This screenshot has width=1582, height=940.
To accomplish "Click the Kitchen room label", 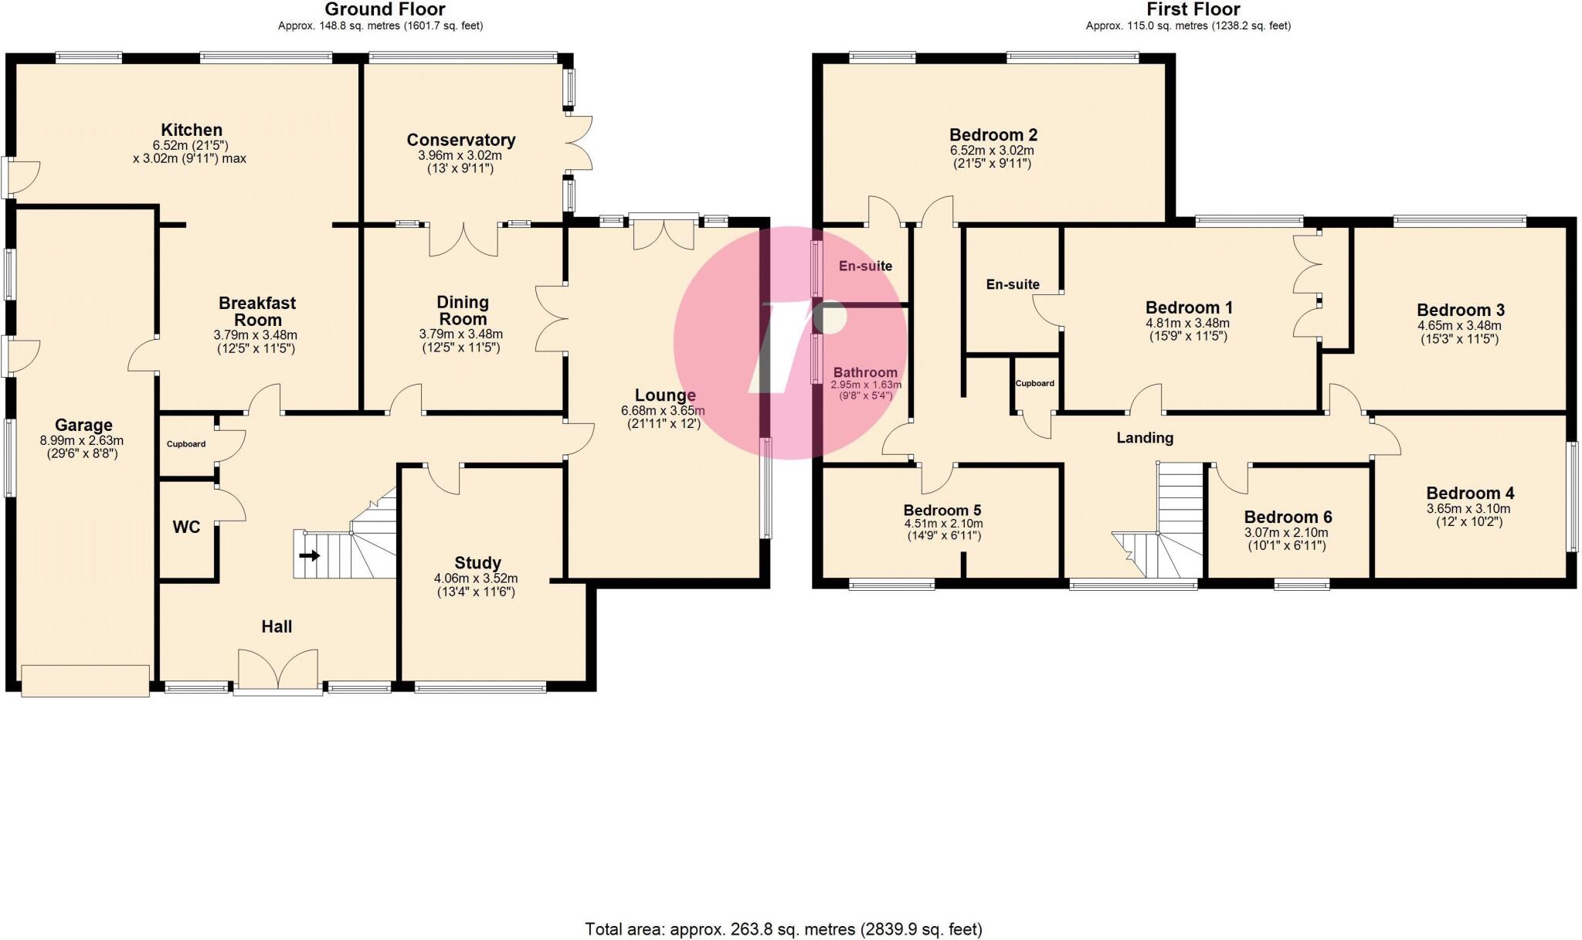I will pos(192,130).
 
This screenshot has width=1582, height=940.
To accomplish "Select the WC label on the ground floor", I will pos(186,528).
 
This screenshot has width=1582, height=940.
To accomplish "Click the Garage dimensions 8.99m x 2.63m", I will pos(82,441).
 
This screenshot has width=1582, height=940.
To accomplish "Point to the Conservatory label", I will pos(461,140).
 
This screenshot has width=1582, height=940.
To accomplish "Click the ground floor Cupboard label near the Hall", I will pos(186,444).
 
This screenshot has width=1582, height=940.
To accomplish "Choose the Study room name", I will pos(477,563).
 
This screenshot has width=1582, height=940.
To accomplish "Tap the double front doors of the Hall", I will pos(278,670).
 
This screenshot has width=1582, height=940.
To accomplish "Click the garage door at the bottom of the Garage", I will pos(85,680).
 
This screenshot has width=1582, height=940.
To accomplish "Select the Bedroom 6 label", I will pos(1288,518).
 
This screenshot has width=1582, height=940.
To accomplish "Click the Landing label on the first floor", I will pos(1145,438).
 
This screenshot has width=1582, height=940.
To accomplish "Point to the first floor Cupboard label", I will pos(1034,383).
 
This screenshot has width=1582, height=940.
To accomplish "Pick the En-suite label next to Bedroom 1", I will pos(1013,284).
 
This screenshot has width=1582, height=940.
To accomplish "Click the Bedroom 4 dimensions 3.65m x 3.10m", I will pos(1468,509).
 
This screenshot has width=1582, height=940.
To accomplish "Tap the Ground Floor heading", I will pos(385,10).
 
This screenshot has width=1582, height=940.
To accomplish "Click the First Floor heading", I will pos(1193,10).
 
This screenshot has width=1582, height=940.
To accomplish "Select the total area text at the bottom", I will pos(783,929).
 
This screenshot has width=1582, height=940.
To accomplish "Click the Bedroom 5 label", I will pos(942,511).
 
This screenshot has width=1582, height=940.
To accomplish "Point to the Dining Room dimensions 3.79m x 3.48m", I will pos(461,335).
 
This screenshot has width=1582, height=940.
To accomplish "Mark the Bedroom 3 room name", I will pos(1461,310).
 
